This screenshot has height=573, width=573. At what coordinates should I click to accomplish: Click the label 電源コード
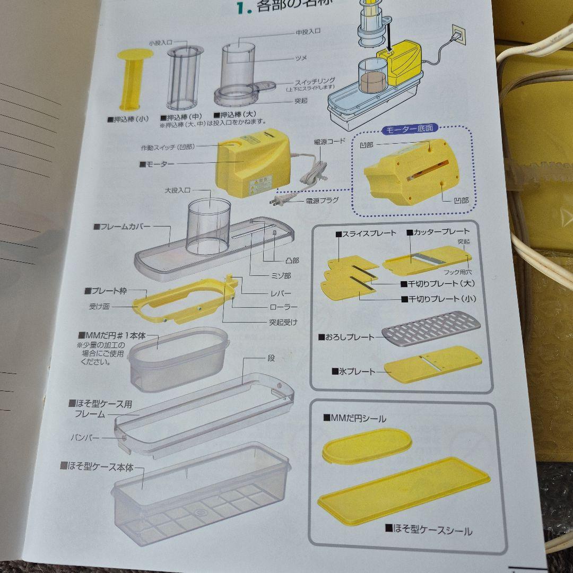[x=329, y=141]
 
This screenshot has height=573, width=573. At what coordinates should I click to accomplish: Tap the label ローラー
[x=283, y=307]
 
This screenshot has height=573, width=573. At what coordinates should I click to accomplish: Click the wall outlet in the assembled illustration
[x=458, y=36]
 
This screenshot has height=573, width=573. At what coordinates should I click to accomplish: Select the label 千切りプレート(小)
[x=441, y=299]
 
